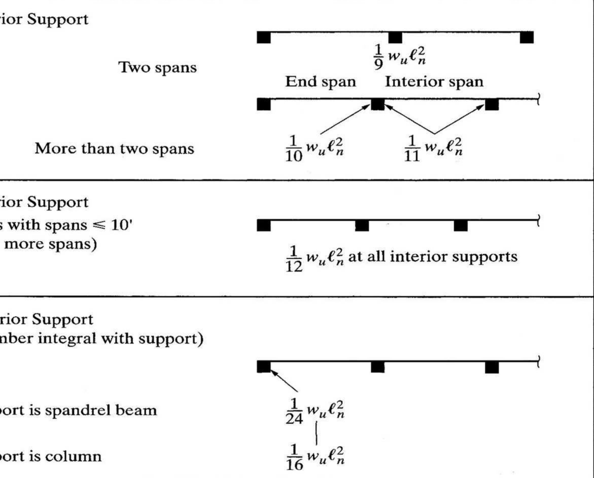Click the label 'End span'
tap(320, 82)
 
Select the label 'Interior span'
tap(434, 82)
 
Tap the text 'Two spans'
tap(158, 67)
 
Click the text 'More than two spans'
tap(115, 149)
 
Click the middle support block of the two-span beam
tap(395, 38)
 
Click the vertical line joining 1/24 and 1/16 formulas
tap(316, 433)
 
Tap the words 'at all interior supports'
tap(432, 257)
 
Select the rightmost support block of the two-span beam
tap(527, 38)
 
